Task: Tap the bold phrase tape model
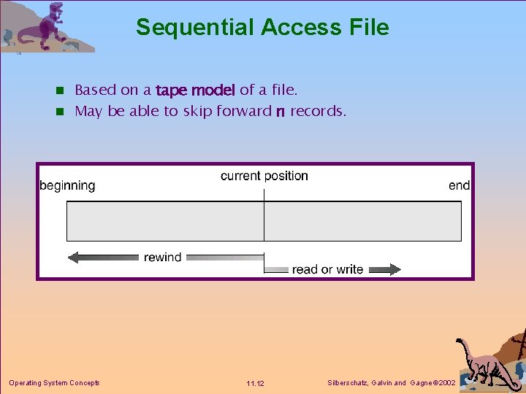[195, 90]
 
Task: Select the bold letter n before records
[280, 112]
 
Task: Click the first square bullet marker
[61, 91]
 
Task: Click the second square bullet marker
[61, 112]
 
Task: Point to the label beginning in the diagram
[67, 185]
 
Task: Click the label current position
[264, 176]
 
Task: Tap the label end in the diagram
[459, 185]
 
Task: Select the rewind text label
[162, 257]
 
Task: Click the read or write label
[327, 269]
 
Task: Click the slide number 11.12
[256, 383]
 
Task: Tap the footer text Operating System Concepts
[54, 382]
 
